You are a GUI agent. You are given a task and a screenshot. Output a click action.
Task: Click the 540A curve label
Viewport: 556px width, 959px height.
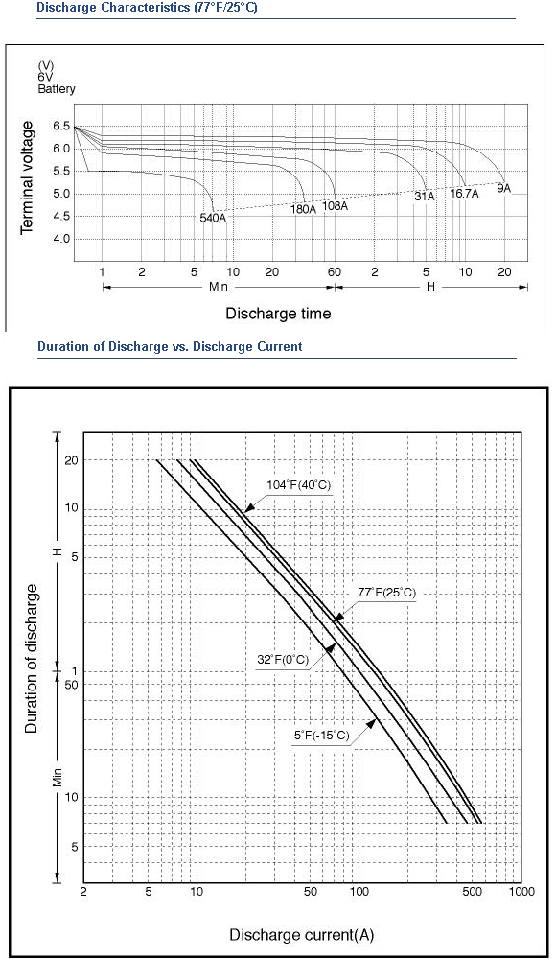[x=214, y=217]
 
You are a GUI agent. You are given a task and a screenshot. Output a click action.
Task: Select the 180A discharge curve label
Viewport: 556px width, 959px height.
[x=303, y=209]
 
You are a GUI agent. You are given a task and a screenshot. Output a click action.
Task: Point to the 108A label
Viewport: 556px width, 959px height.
[x=336, y=206]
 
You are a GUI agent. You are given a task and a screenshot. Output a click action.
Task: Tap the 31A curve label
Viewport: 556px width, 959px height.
[x=425, y=197]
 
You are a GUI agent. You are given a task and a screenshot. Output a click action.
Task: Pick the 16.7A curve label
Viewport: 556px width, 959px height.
[x=464, y=194]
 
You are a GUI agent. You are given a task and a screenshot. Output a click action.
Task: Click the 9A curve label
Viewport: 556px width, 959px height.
[x=503, y=188]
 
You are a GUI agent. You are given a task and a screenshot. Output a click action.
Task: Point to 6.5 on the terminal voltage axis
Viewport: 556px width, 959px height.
[x=61, y=127]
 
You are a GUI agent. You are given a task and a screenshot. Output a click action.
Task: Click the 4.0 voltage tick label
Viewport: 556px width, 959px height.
[x=61, y=239]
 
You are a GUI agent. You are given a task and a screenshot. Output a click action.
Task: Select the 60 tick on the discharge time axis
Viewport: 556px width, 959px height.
[x=335, y=272]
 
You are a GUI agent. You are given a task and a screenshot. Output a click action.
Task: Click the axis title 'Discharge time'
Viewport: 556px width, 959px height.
[x=278, y=314]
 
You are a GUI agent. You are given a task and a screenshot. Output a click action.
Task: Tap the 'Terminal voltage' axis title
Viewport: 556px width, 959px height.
[x=26, y=177]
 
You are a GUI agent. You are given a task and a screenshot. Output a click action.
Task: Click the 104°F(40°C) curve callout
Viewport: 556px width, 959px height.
[x=298, y=485]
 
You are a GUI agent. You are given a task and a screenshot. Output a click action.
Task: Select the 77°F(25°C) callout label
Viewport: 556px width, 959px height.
[x=386, y=593]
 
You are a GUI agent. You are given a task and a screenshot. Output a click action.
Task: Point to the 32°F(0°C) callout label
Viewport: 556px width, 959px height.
[x=283, y=660]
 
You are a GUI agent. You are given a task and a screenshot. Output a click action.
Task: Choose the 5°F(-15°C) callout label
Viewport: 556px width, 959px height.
[x=322, y=736]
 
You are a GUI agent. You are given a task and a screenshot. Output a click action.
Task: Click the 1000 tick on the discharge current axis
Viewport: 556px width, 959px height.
[x=521, y=892]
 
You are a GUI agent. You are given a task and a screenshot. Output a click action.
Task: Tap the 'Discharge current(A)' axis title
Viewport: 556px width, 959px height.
[x=302, y=935]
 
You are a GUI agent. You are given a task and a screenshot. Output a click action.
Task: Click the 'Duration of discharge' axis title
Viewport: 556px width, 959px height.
[x=32, y=658]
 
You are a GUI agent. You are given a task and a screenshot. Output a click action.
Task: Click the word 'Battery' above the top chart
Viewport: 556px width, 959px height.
[x=57, y=88]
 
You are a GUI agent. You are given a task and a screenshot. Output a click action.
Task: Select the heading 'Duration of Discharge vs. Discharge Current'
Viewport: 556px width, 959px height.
[x=170, y=347]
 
